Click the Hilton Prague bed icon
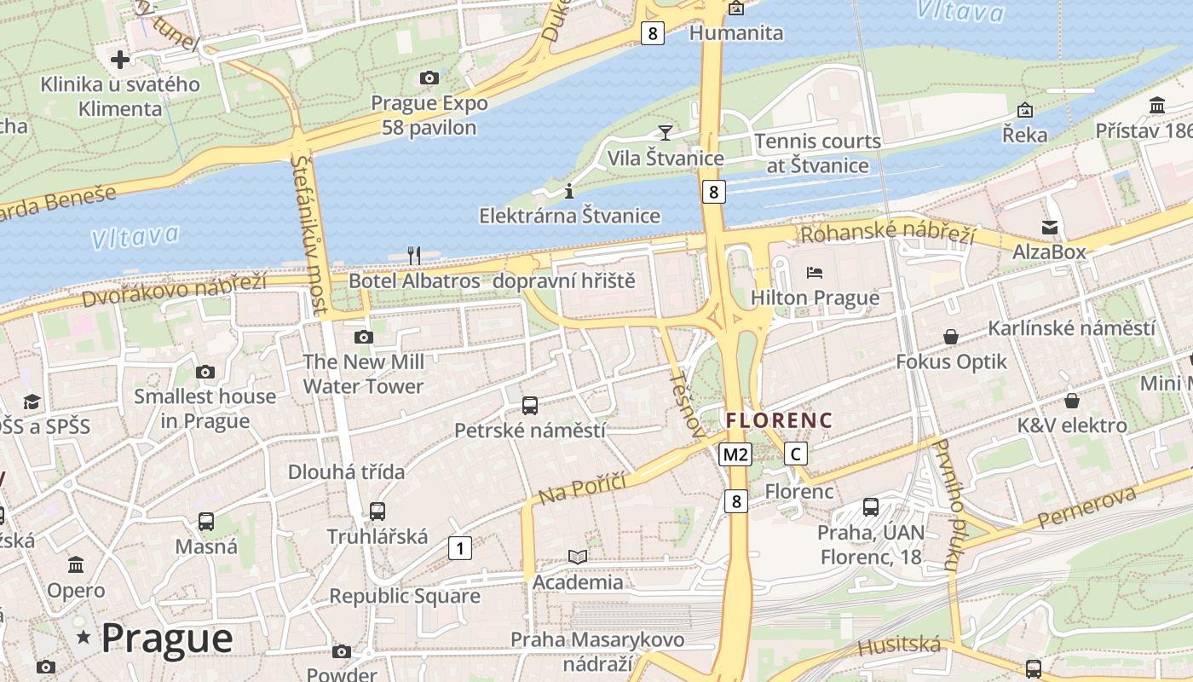[x=815, y=273]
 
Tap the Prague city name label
[x=166, y=638]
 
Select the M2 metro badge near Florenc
[x=735, y=454]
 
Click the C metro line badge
[x=795, y=454]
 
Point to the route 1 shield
[x=459, y=548]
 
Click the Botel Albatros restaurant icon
[x=414, y=255]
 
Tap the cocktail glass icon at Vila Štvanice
[x=665, y=132]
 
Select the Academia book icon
[x=578, y=557]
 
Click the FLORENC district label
[x=778, y=420]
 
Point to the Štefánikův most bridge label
[x=308, y=234]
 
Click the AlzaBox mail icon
[x=1049, y=227]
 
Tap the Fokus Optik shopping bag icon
[x=951, y=337]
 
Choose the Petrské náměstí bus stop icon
[x=529, y=405]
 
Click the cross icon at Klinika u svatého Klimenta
[x=120, y=60]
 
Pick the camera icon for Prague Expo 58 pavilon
[x=429, y=78]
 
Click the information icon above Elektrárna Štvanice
[x=569, y=190]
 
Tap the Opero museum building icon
[x=76, y=564]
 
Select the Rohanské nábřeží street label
[x=886, y=232]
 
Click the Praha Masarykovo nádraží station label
[x=596, y=651]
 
